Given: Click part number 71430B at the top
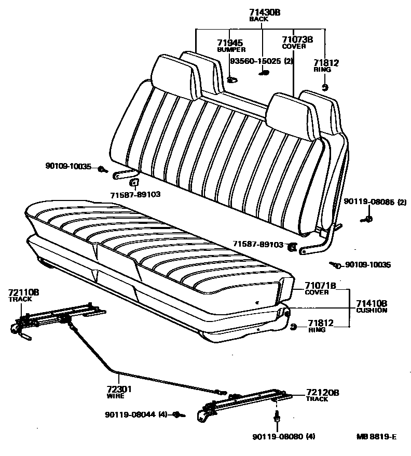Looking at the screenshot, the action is pyautogui.click(x=264, y=12).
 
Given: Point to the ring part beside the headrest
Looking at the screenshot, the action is pyautogui.click(x=324, y=86).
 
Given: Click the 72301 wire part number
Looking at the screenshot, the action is pyautogui.click(x=116, y=389).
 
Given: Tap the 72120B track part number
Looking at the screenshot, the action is pyautogui.click(x=322, y=393).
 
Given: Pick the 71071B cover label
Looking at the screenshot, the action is pyautogui.click(x=320, y=285).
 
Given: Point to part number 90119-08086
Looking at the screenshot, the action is pyautogui.click(x=369, y=202).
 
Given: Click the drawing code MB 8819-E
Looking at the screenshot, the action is pyautogui.click(x=376, y=437).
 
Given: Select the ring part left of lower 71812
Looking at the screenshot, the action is pyautogui.click(x=293, y=326).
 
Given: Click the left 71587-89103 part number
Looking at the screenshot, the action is pyautogui.click(x=135, y=194).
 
